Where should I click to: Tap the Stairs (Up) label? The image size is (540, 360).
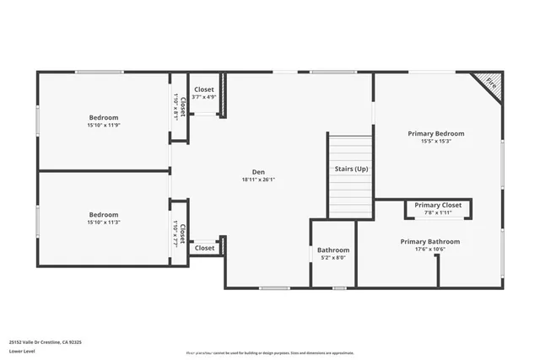(x=350, y=169)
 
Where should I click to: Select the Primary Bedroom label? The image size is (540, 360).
(x=435, y=133)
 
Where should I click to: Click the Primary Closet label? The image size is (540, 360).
(x=438, y=205)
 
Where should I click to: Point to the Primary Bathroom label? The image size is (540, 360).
(x=435, y=241)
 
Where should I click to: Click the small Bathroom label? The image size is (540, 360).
(x=333, y=250)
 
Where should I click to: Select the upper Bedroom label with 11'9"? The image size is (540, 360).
(x=104, y=117)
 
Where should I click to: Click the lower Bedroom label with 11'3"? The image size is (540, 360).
(x=104, y=214)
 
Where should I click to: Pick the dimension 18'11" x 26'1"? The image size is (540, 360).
(x=257, y=179)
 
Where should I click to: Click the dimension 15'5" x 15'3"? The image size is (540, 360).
(x=435, y=142)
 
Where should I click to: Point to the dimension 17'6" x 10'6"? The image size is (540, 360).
(x=435, y=250)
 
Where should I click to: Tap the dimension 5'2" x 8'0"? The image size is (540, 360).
(x=333, y=259)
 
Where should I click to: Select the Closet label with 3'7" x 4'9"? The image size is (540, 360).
(x=204, y=89)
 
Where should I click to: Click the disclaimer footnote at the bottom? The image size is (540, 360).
(x=270, y=353)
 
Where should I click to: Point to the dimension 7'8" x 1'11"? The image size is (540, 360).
(x=438, y=213)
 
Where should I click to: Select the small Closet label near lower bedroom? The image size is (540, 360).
(x=204, y=248)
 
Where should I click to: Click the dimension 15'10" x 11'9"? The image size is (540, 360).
(x=104, y=126)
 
